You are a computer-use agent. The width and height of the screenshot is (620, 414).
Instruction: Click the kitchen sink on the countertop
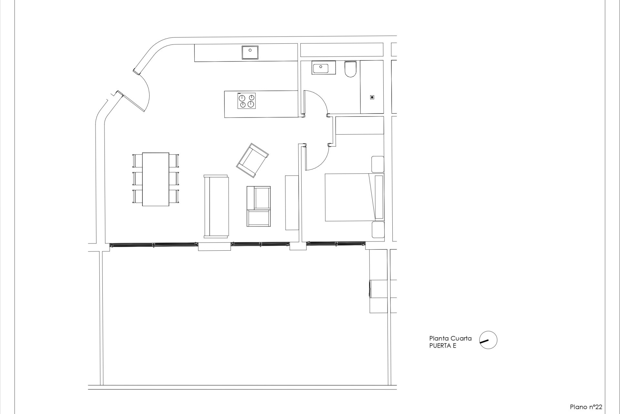250,53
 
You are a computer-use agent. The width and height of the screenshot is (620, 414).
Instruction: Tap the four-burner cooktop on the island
247,101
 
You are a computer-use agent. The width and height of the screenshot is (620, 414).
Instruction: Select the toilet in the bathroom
350,69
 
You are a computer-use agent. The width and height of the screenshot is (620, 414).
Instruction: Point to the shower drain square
372,97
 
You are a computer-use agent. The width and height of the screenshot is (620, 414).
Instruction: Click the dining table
156,179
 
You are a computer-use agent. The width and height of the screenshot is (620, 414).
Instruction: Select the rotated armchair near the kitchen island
253,160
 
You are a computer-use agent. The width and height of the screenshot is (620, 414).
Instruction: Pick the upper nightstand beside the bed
378,164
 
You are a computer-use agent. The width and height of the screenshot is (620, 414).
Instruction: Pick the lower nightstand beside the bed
378,230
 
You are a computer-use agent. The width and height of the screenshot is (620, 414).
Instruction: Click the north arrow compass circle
488,340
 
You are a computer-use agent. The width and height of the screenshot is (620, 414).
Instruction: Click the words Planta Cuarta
450,339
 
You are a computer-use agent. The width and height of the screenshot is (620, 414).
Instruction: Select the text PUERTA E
443,346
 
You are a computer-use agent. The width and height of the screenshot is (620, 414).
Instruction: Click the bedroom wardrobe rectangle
360,125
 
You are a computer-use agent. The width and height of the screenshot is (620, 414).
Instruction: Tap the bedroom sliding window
336,244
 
